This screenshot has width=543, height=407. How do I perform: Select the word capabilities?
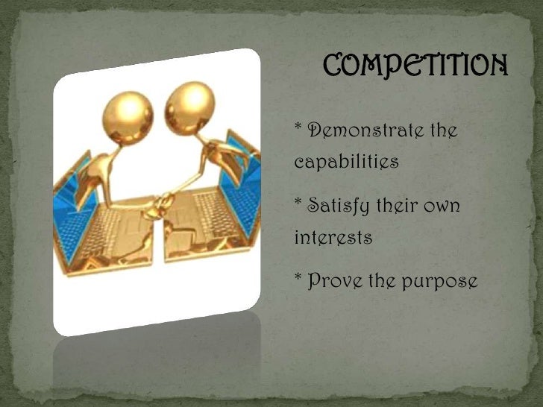pos(346,163)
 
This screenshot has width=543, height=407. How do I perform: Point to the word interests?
pos(333,238)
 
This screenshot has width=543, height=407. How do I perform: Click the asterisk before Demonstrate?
pos(298,130)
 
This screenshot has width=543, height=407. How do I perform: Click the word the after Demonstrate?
pos(442,132)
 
